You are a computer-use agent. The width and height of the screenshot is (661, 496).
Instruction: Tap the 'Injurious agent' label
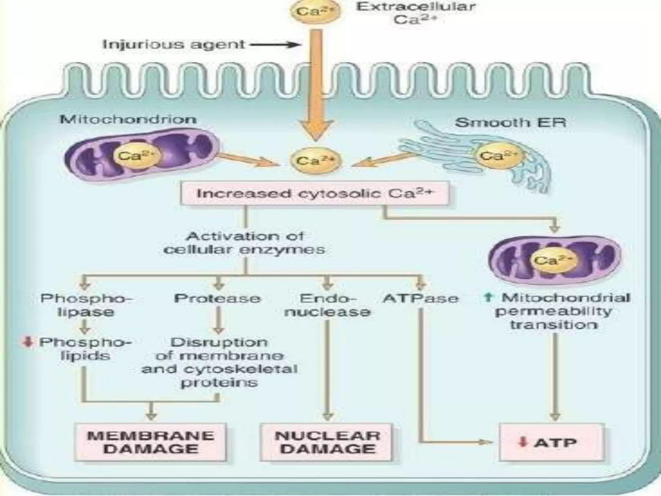click(173, 44)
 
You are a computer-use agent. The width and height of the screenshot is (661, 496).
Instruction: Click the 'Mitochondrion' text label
click(128, 119)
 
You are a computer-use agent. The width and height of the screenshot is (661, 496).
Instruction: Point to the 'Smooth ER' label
click(510, 122)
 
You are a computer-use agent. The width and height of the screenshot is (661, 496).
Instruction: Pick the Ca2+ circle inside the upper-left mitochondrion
click(136, 157)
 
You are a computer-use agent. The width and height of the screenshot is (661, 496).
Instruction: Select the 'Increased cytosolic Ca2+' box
click(315, 194)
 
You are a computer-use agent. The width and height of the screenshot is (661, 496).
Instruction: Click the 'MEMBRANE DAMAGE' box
click(150, 442)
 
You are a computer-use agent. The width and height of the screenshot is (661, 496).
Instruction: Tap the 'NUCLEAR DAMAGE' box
click(327, 442)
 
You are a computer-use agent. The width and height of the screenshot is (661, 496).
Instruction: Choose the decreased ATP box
click(551, 442)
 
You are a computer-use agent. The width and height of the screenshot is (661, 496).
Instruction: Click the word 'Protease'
click(217, 298)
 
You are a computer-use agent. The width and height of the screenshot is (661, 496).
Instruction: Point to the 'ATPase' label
click(420, 298)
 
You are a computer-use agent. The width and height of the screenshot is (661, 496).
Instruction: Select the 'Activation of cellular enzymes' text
click(244, 243)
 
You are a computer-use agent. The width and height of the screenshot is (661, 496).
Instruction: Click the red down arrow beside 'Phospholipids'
click(28, 342)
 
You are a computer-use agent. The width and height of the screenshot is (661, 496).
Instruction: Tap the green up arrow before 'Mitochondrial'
click(488, 297)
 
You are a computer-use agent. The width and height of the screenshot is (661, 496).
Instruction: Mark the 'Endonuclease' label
click(327, 305)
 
